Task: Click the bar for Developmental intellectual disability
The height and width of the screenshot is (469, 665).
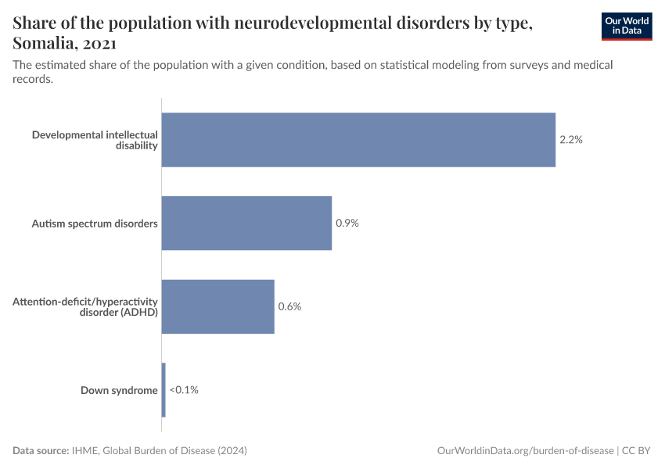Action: pyautogui.click(x=358, y=140)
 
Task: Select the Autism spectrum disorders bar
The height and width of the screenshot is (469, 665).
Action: pyautogui.click(x=246, y=224)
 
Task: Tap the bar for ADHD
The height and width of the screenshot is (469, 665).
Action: pyautogui.click(x=217, y=306)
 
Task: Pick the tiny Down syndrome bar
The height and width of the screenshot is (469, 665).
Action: pyautogui.click(x=164, y=389)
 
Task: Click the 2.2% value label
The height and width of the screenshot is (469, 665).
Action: pyautogui.click(x=571, y=140)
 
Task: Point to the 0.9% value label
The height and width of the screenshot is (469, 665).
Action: pyautogui.click(x=347, y=224)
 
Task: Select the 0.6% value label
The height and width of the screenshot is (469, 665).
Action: pyautogui.click(x=289, y=306)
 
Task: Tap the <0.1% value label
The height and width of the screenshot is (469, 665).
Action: pyautogui.click(x=184, y=389)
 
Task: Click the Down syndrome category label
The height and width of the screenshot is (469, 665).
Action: pyautogui.click(x=119, y=390)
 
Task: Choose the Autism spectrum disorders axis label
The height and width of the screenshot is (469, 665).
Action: pyautogui.click(x=95, y=224)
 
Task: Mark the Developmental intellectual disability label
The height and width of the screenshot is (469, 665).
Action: pyautogui.click(x=95, y=140)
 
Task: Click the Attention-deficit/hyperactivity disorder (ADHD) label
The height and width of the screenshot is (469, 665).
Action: pyautogui.click(x=85, y=306)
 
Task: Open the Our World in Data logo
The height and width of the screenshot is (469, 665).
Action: pyautogui.click(x=626, y=26)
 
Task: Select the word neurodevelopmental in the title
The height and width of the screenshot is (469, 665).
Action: pyautogui.click(x=293, y=23)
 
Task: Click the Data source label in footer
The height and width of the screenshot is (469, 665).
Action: pyautogui.click(x=41, y=451)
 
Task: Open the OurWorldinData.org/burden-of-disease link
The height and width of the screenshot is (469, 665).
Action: pyautogui.click(x=524, y=451)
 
